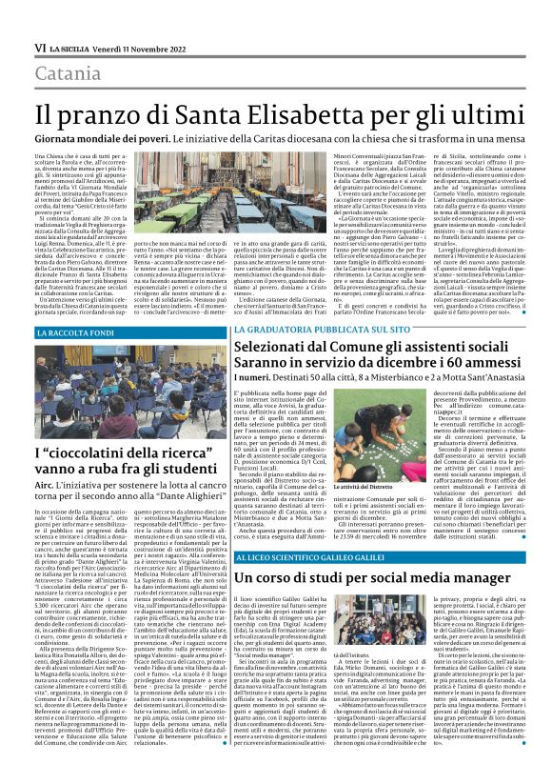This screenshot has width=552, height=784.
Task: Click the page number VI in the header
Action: coord(41,48)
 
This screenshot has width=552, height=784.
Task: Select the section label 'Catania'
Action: coord(69,74)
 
